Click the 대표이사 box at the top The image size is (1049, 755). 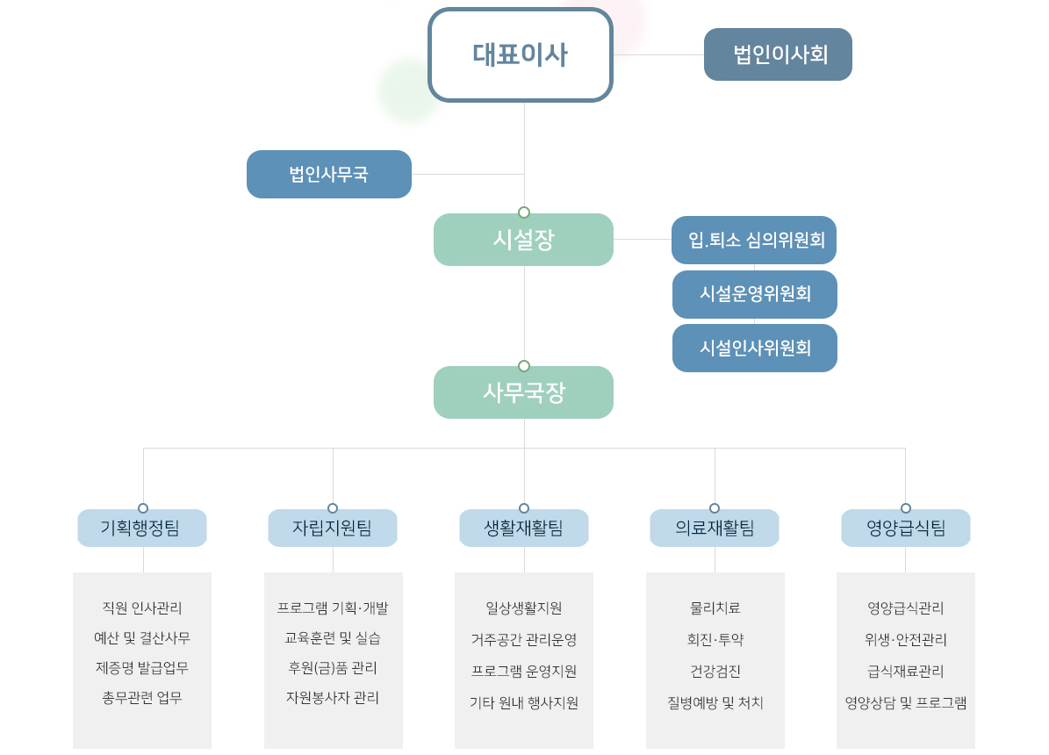[x=521, y=55]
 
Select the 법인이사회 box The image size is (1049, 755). [x=778, y=54]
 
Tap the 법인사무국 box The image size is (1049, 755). [x=329, y=174]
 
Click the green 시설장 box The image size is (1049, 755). [x=524, y=240]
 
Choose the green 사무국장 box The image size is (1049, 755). [x=524, y=392]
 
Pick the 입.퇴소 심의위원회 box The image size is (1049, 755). [x=754, y=241]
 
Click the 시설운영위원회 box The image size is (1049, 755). [x=755, y=294]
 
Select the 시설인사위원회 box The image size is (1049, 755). [x=755, y=348]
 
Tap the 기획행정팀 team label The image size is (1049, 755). [x=142, y=528]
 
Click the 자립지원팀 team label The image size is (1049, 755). [x=333, y=528]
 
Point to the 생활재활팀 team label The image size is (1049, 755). [x=524, y=528]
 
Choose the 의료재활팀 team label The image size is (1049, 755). [x=715, y=528]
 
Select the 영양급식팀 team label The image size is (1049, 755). [x=906, y=528]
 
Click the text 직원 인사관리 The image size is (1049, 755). [x=142, y=608]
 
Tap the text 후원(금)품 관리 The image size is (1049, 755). [x=333, y=668]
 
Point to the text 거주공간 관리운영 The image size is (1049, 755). [x=524, y=640]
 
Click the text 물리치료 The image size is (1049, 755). [x=715, y=608]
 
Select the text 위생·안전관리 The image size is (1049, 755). [x=906, y=640]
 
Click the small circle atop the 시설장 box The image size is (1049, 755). [x=524, y=212]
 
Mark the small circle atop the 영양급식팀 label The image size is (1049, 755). [x=906, y=508]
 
